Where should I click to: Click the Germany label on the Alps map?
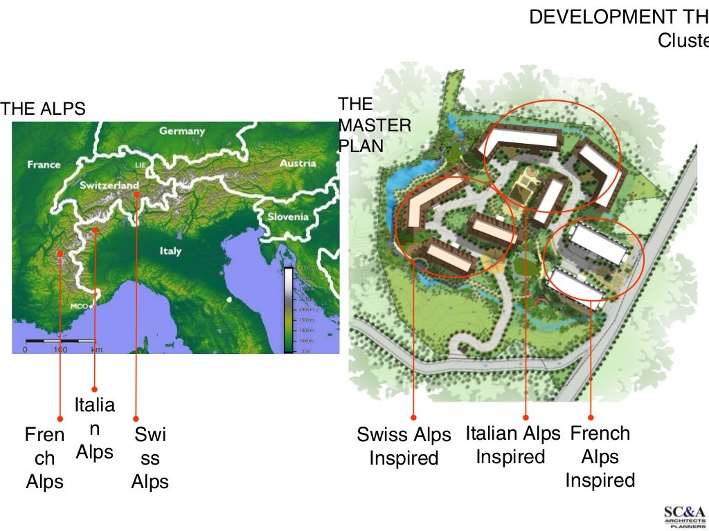[x=182, y=131]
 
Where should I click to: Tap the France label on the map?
[x=44, y=165]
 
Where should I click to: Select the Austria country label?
[x=297, y=163]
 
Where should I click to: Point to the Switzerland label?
[x=109, y=185]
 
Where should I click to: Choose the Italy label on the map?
[x=170, y=250]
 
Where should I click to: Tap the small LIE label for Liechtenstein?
[x=141, y=166]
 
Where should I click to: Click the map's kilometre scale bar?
[x=60, y=342]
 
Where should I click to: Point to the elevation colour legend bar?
[x=289, y=309]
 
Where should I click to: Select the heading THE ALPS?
[x=44, y=109]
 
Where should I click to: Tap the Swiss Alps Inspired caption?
[x=404, y=446]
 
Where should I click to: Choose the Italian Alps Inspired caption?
[x=512, y=445]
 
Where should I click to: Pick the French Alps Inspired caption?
[x=600, y=456]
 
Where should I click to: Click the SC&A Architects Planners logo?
[x=684, y=516]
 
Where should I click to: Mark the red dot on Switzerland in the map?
[x=137, y=195]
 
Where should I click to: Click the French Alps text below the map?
[x=44, y=458]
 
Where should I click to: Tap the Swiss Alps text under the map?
[x=150, y=458]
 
